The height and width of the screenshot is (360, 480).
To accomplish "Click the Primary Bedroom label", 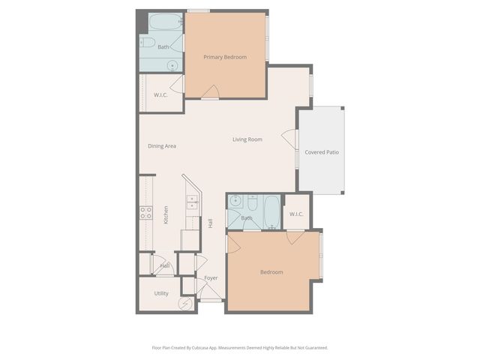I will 225,57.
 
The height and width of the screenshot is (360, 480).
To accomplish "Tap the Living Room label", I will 247,139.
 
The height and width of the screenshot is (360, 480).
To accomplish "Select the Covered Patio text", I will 322,152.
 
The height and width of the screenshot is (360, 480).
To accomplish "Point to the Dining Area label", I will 162,145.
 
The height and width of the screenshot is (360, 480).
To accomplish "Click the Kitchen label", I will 166,214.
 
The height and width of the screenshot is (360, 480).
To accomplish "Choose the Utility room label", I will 161,293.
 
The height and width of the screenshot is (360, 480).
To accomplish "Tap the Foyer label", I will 211,278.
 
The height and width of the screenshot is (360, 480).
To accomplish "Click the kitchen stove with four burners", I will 145,212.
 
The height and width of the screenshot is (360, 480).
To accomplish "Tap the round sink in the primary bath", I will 172,65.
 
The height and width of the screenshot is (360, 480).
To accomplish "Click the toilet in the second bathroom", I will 252,203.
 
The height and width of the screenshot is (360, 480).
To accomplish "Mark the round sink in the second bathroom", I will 236,201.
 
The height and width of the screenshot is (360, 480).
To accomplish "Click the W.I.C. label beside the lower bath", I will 295,214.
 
